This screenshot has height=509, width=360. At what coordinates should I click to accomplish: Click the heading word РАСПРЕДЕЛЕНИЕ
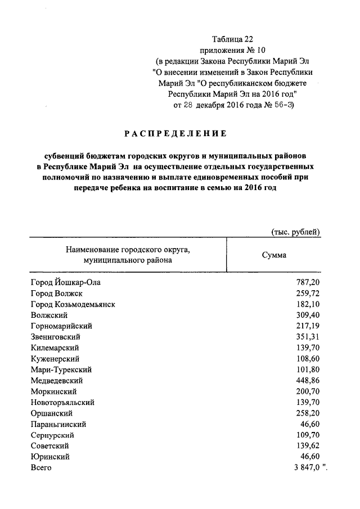point(175,134)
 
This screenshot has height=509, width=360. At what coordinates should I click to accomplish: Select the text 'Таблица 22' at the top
point(233,39)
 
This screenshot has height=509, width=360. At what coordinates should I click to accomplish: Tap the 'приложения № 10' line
point(233,49)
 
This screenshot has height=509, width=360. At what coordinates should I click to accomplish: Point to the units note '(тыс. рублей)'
point(296,232)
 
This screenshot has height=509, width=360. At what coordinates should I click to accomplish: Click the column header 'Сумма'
point(274,255)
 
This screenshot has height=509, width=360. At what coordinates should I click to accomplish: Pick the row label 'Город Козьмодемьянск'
point(73,304)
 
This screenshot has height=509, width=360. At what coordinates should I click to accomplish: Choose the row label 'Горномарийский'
point(61,326)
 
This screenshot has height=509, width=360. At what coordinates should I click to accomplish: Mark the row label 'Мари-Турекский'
point(61,370)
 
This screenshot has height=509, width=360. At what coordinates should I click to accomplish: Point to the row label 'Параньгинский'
point(58,425)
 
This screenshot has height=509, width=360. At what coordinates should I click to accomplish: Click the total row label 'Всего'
point(41,468)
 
